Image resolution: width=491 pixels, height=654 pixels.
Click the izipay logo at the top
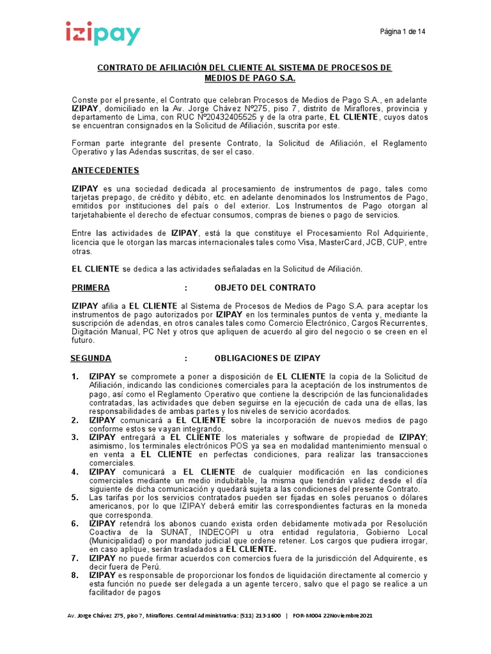102,34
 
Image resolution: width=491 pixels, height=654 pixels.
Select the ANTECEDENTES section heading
105,171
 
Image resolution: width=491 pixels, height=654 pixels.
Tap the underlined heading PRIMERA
90,287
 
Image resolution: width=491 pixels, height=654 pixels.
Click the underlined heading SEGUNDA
91,358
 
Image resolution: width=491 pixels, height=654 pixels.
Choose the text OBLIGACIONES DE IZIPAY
267,358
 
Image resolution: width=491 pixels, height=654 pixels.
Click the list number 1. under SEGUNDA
75,376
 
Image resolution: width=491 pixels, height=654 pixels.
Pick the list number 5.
75,497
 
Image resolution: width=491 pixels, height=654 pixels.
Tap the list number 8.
75,575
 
